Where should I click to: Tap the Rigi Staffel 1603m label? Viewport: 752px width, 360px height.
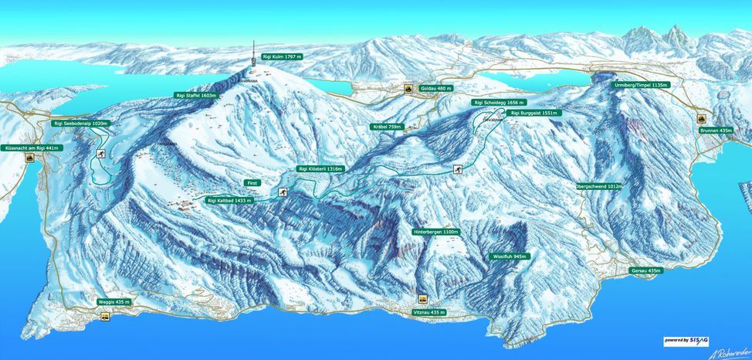coord(196,95)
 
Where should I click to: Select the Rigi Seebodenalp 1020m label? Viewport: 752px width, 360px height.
coord(82,123)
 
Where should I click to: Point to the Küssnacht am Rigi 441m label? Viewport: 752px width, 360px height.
coord(31,147)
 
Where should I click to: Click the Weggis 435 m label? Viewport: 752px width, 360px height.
coord(114,301)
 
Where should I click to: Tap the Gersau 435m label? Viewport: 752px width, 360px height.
coord(646,270)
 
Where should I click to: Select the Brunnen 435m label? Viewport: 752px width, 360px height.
coord(716,131)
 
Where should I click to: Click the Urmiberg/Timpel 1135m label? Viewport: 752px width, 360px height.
coord(641,84)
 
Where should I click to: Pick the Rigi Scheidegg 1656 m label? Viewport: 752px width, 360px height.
coord(500,102)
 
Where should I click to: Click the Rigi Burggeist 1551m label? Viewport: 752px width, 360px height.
coord(535,113)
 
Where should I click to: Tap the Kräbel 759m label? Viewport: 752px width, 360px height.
coord(387,126)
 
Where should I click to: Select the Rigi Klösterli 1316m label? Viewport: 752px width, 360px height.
coord(320,168)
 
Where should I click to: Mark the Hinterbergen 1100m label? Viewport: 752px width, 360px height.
coord(436,232)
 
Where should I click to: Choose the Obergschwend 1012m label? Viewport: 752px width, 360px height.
coord(599,186)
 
